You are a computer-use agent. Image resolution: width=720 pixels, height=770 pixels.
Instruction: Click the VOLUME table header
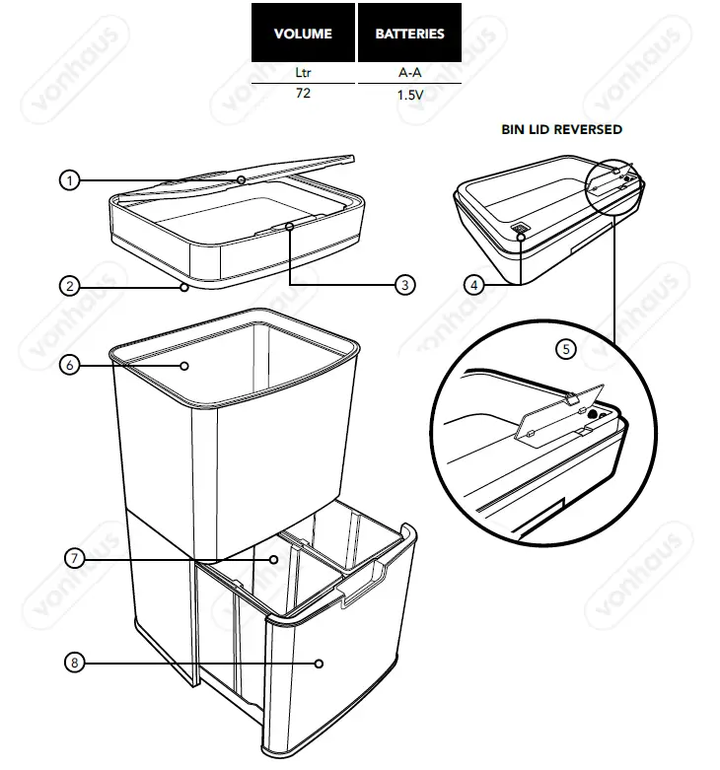[x=303, y=34]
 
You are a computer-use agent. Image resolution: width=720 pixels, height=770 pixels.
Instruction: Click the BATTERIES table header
[x=409, y=34]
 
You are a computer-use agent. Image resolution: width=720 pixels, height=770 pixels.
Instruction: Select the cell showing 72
[x=303, y=95]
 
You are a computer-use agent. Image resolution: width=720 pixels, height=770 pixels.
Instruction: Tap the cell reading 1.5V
[x=409, y=96]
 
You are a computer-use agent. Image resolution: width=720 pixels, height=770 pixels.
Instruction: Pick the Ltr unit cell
[x=303, y=73]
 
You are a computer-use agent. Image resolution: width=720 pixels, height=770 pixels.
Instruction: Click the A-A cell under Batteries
[x=409, y=73]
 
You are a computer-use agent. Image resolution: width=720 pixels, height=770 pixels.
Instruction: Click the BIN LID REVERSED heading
[x=562, y=129]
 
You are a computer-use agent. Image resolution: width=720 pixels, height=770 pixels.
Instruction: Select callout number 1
[x=69, y=180]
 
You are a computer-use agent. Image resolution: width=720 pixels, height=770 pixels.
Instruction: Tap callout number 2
[x=69, y=287]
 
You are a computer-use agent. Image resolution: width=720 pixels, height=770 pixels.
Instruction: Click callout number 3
[x=404, y=285]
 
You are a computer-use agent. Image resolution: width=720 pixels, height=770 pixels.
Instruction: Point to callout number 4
[x=474, y=285]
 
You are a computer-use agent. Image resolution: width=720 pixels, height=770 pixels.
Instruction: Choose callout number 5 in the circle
[x=565, y=348]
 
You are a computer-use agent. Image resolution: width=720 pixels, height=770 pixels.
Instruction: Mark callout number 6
[x=69, y=366]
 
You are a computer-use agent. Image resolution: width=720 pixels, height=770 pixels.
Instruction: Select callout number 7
[x=74, y=558]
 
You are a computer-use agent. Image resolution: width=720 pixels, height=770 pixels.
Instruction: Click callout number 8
[x=74, y=664]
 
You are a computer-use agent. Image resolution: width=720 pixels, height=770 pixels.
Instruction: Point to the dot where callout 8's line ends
[x=320, y=664]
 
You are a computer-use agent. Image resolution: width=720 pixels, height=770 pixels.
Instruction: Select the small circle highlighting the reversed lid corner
[x=612, y=184]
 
